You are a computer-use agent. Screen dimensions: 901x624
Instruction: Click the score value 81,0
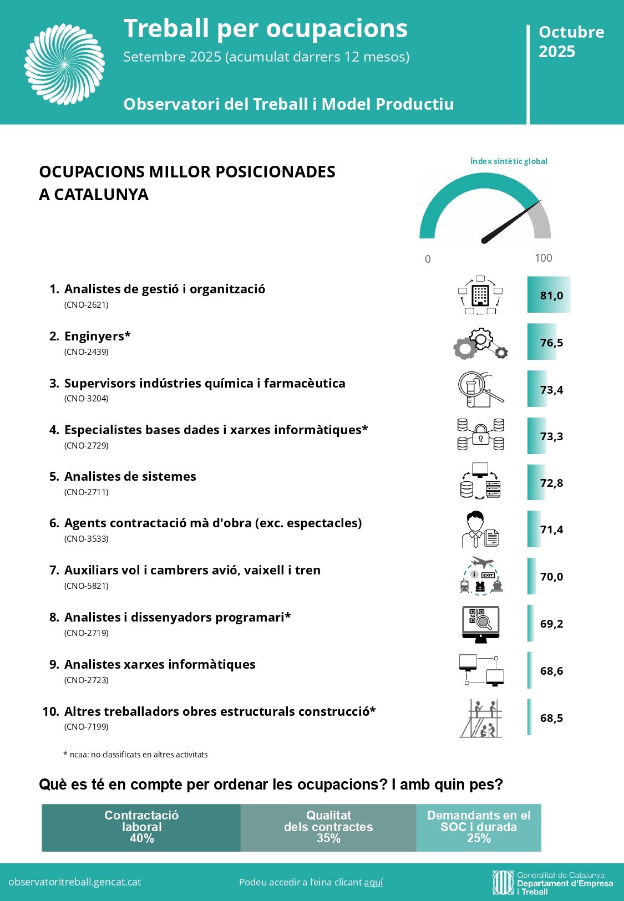pos(551,296)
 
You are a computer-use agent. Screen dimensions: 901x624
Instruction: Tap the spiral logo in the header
pos(64,64)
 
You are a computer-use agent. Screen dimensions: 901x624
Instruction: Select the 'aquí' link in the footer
pos(373,882)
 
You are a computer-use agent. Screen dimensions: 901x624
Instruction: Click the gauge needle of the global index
pos(510,222)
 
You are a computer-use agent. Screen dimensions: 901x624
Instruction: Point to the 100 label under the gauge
pos(544,258)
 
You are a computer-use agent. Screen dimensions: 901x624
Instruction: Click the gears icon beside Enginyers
pos(480,344)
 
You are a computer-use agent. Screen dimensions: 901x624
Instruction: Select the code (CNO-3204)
pos(87,398)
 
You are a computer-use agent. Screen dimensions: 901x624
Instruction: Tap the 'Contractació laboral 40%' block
pos(141,827)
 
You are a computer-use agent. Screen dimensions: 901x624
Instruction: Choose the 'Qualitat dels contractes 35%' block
pos(328,827)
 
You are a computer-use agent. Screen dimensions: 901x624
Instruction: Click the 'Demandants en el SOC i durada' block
pos(479,827)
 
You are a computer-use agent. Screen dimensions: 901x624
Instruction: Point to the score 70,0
pos(551,577)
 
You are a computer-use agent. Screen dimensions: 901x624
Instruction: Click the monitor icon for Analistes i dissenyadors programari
pos(480,624)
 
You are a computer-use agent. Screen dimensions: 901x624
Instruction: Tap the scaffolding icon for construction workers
pos(480,718)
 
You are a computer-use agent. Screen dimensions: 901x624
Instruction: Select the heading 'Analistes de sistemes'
pos(130,476)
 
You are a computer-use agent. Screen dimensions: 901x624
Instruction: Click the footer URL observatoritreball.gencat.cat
pos(75,882)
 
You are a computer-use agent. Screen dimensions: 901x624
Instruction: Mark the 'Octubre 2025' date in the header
pos(571,42)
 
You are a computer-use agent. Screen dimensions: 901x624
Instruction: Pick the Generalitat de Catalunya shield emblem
pos(503,882)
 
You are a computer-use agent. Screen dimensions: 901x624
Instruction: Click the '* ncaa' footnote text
pos(136,755)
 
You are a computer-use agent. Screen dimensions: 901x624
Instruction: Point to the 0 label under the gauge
pos(428,259)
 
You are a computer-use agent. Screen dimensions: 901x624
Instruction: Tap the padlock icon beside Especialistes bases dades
pos(481,434)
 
